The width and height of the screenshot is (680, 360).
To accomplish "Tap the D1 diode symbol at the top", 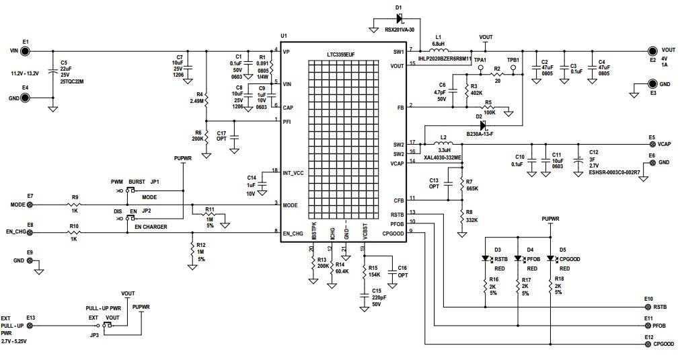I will tap(399, 21).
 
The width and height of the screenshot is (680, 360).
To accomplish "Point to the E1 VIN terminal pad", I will tap(26, 50).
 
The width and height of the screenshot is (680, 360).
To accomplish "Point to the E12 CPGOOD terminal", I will tap(648, 344).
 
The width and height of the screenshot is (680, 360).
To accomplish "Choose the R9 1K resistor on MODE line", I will tap(75, 204).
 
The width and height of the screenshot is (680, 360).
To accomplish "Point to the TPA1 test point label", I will tap(480, 60).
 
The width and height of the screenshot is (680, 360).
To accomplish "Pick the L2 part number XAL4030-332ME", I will tap(443, 157).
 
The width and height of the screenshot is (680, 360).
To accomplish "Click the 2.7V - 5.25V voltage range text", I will tap(19, 341).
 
